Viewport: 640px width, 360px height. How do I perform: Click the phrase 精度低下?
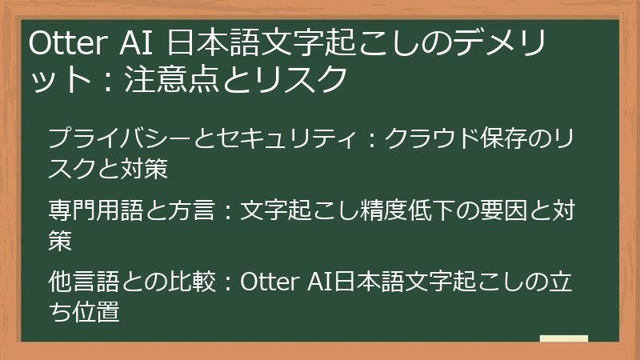click(383, 212)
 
